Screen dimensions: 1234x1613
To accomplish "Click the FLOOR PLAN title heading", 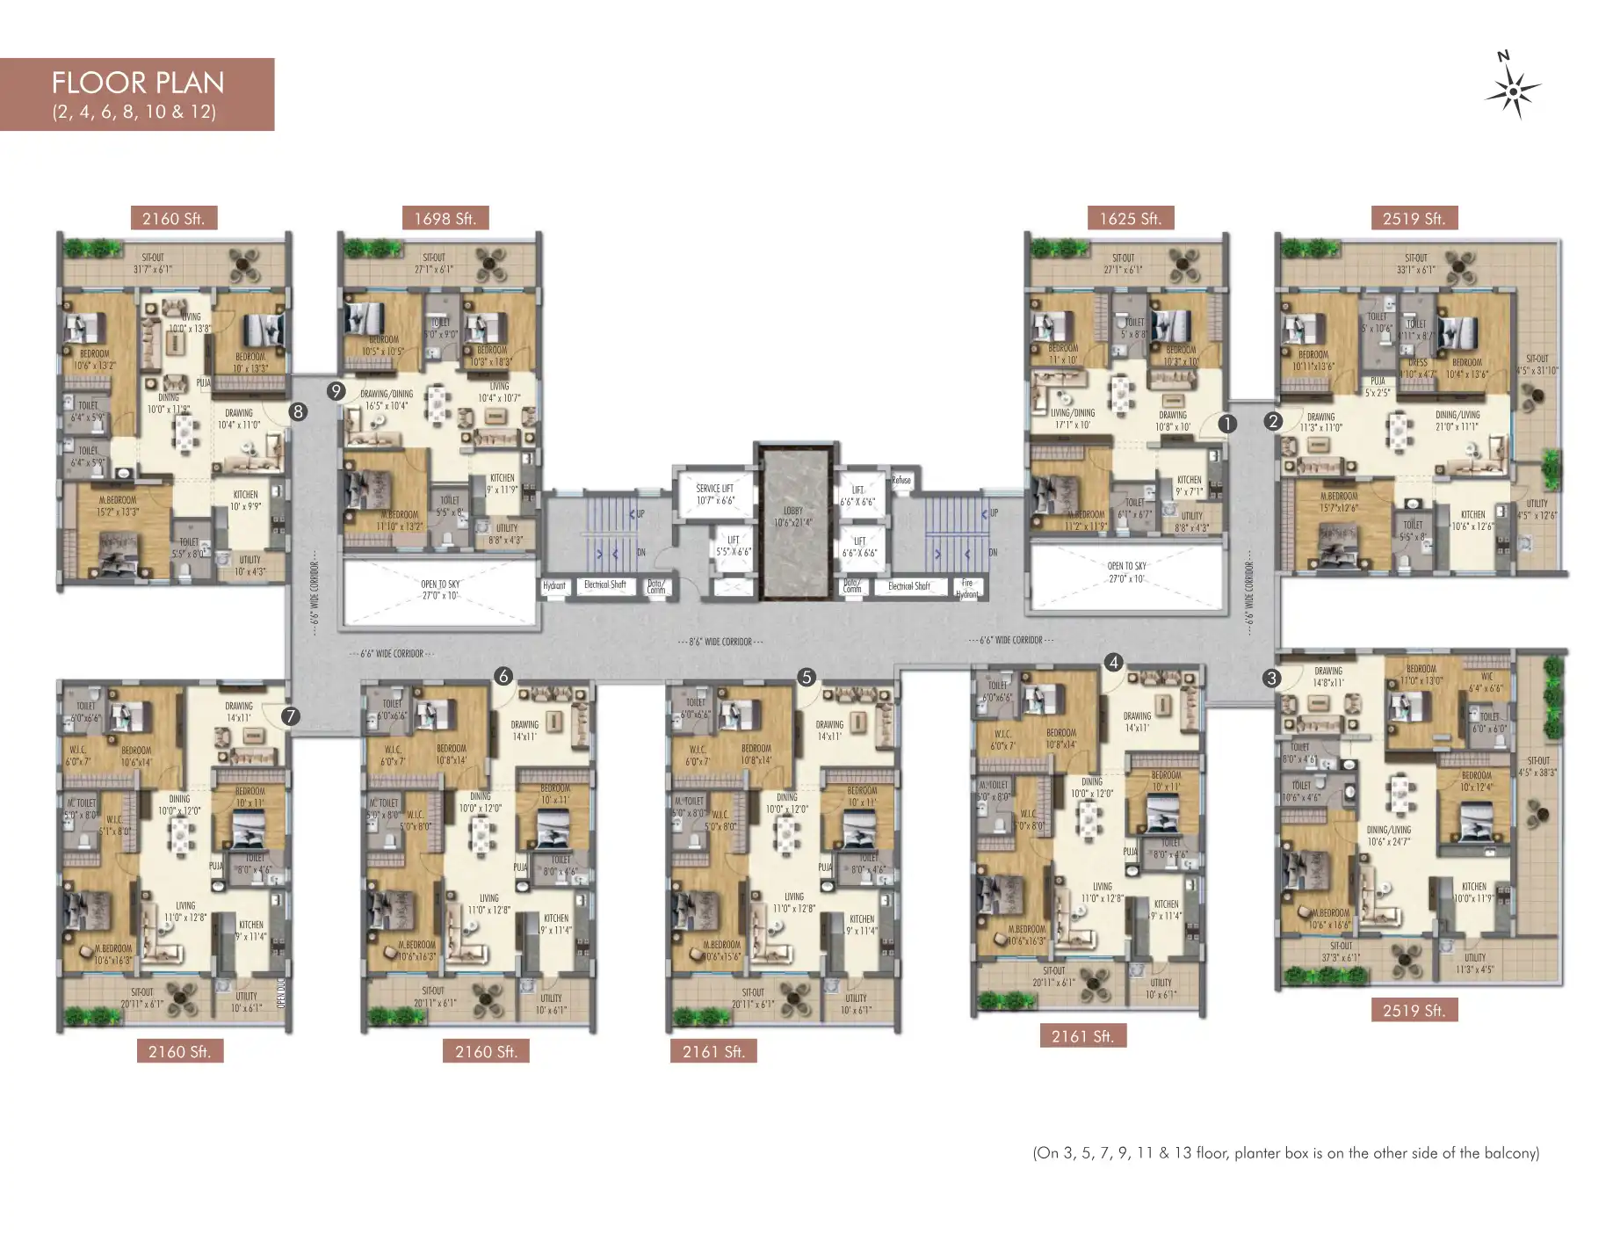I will click(x=138, y=83).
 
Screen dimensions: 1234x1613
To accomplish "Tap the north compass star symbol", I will click(x=1513, y=91).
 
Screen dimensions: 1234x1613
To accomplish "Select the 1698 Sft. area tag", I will click(x=445, y=219).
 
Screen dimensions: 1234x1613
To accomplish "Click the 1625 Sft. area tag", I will click(x=1130, y=219).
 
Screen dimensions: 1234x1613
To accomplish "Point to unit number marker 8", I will click(x=299, y=411).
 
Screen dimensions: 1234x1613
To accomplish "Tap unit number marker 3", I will click(x=1271, y=678).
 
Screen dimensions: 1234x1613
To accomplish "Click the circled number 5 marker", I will click(x=806, y=677).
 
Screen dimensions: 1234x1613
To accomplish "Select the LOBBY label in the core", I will click(x=792, y=516).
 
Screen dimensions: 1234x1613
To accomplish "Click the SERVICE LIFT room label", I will click(x=714, y=494).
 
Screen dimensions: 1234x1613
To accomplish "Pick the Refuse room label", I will click(x=901, y=480).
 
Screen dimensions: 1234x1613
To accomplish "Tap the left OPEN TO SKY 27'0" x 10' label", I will click(x=440, y=590).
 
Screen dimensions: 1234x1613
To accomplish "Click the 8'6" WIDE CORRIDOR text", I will click(x=720, y=642).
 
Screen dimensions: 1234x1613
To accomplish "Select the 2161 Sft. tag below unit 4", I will click(x=1082, y=1036).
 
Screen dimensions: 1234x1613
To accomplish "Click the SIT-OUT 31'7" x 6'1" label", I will click(x=153, y=264).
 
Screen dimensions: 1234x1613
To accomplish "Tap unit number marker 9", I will click(x=336, y=391).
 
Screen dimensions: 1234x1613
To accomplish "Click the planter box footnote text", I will click(x=1285, y=1153).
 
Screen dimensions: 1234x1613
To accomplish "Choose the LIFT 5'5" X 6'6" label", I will click(x=733, y=546).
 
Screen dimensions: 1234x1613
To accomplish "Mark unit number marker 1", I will click(x=1227, y=424).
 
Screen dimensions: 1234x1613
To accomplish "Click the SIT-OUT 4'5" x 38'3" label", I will click(x=1537, y=767).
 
